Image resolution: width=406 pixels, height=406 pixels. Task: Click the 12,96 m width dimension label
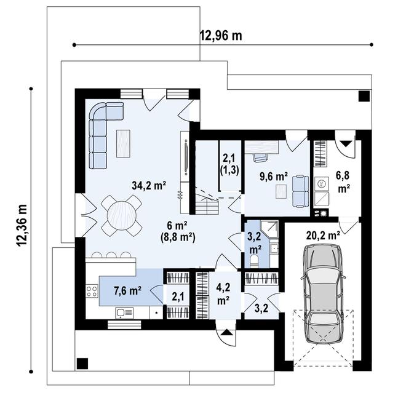coord(220,35)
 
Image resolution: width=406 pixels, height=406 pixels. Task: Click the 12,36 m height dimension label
coord(23,226)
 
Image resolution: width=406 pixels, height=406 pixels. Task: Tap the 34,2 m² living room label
coord(148,184)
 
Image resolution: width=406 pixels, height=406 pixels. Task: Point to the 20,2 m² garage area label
coord(324,234)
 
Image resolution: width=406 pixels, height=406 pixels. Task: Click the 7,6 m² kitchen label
coord(127,290)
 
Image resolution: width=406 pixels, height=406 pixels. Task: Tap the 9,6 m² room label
coord(274,177)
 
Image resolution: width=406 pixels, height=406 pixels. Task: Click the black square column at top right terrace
coord(364,96)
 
